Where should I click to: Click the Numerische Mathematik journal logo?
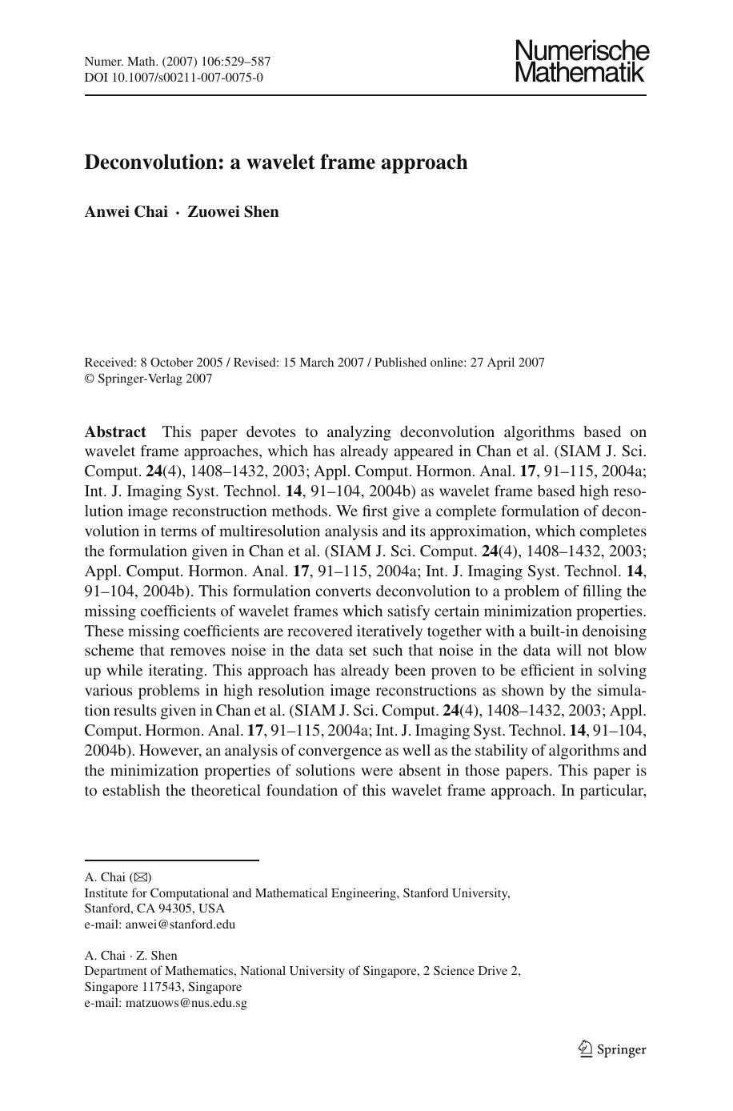click(582, 62)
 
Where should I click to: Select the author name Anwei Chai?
click(126, 212)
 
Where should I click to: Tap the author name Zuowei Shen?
click(233, 212)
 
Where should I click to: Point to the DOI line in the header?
click(174, 78)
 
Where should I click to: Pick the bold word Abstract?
click(115, 432)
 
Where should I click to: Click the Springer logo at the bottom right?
click(613, 1049)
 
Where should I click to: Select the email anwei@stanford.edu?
click(180, 924)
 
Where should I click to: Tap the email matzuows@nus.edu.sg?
click(186, 1002)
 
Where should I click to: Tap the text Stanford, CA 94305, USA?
click(154, 908)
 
